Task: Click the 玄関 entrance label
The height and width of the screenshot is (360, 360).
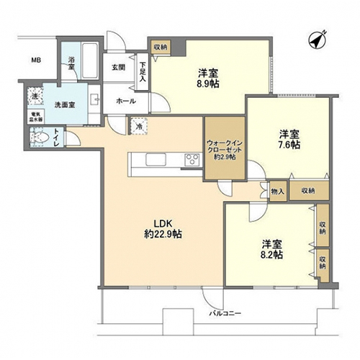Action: coord(118,67)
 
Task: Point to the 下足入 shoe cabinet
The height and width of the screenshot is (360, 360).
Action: coord(143,74)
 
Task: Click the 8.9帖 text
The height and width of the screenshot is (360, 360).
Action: coord(209,83)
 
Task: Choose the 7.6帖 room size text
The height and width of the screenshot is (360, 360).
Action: coord(289,144)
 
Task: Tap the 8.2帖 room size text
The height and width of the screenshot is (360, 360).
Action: coord(271,254)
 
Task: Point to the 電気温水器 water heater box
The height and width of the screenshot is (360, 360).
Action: coord(35,117)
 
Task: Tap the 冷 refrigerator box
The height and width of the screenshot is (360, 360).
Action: coord(138,128)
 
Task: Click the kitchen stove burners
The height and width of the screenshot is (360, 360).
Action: coord(193,159)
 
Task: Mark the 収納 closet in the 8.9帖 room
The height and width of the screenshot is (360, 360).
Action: coord(160,47)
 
